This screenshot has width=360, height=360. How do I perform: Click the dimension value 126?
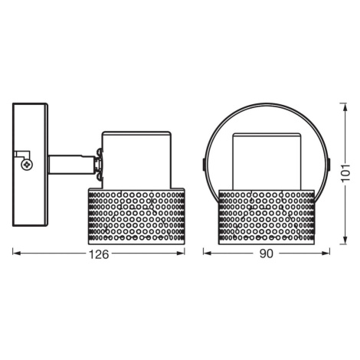coord(99,254)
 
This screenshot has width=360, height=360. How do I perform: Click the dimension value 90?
coord(267,254)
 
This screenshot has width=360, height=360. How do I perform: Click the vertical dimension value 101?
coord(345,173)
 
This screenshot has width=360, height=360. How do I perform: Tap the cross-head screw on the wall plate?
coord(27,165)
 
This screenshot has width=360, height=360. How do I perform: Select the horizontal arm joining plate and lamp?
coord(72,165)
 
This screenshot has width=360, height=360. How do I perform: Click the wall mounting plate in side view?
coord(31,165)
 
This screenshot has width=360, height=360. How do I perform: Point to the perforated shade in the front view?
coord(267,217)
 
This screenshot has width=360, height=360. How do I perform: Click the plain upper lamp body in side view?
coord(136,160)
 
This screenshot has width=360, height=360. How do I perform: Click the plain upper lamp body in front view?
coord(267,162)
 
